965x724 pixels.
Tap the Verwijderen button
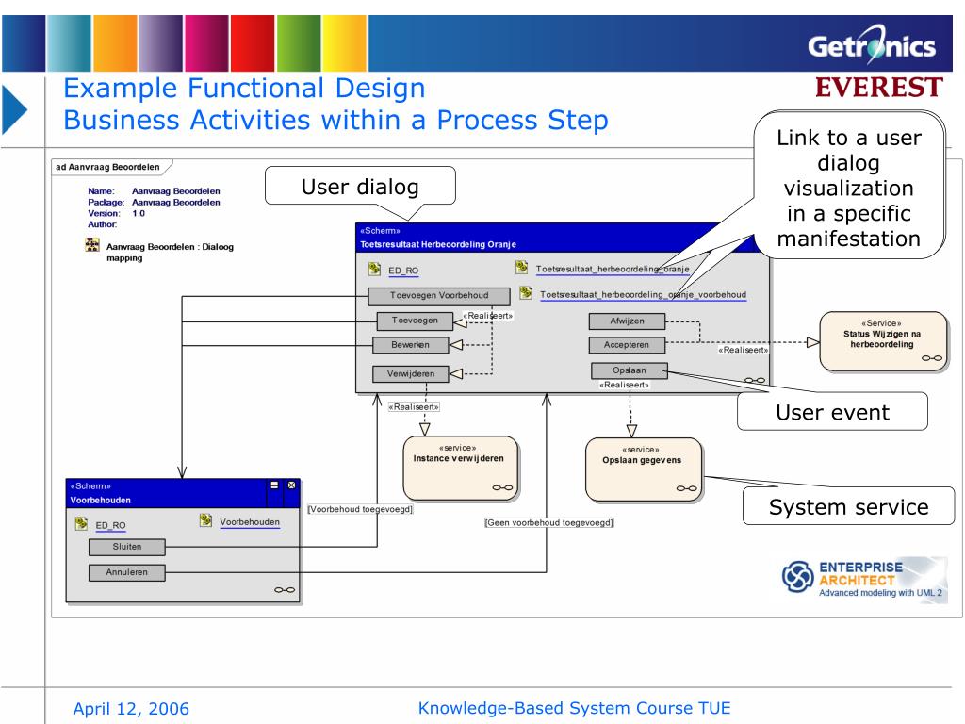(410, 374)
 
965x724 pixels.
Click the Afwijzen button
(627, 321)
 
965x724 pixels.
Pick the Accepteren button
(627, 345)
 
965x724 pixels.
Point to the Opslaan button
(629, 370)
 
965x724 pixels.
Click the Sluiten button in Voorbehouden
(127, 547)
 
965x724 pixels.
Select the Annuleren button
(127, 571)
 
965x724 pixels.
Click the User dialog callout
(362, 186)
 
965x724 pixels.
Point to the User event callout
(832, 411)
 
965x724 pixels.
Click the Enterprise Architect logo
(859, 578)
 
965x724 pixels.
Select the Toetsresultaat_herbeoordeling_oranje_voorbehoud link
(643, 295)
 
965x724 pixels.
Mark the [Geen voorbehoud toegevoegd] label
(548, 521)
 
